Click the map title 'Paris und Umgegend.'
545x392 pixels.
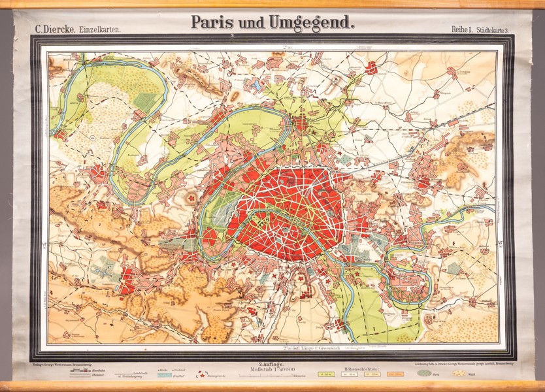point(272,22)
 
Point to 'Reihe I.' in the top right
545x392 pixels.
point(461,28)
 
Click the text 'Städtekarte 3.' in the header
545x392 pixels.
point(497,28)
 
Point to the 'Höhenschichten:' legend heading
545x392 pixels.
point(362,368)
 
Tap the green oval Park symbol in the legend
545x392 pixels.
point(424,373)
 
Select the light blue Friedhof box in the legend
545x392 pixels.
point(164,375)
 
